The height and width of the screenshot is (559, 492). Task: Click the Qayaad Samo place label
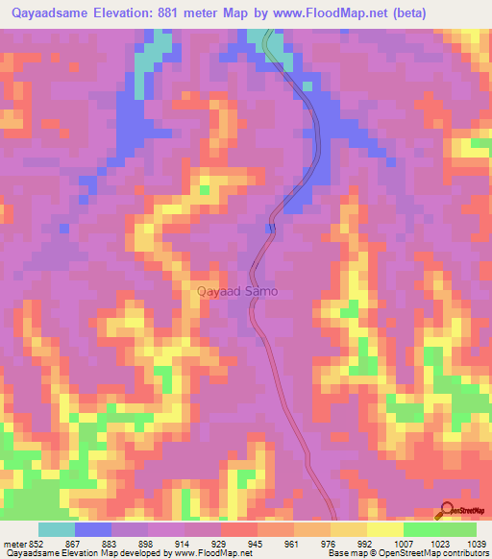pos(237,290)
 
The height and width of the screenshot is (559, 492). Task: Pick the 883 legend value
pos(111,544)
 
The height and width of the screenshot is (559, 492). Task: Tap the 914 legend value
pos(184,544)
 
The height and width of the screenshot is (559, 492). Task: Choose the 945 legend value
pos(257,544)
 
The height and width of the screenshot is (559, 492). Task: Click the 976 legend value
pos(330,544)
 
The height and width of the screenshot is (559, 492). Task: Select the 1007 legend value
pos(403,544)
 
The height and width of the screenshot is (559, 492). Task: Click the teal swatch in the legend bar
pos(57,529)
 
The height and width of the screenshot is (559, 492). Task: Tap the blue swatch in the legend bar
pos(93,529)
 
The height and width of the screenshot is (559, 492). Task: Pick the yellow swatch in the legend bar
pos(385,529)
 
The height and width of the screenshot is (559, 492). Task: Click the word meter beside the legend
pos(13,544)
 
